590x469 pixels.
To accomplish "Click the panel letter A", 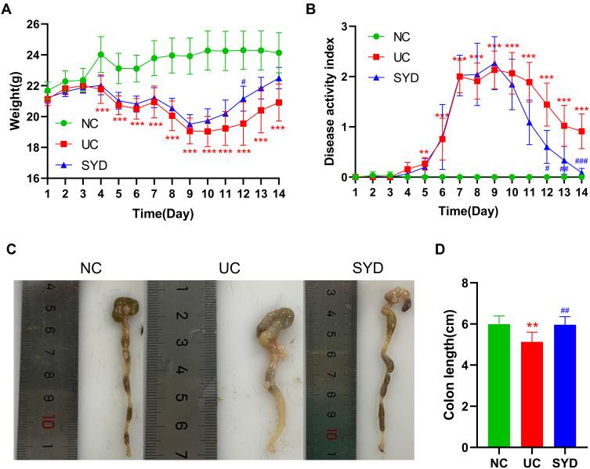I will [7, 9].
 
